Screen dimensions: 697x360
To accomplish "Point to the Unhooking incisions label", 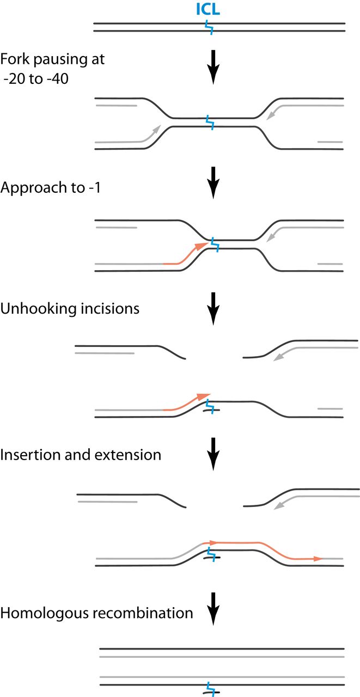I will (x=70, y=308).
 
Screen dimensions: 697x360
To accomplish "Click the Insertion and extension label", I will (x=81, y=454).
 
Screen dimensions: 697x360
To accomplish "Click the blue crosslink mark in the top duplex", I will (x=209, y=27).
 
